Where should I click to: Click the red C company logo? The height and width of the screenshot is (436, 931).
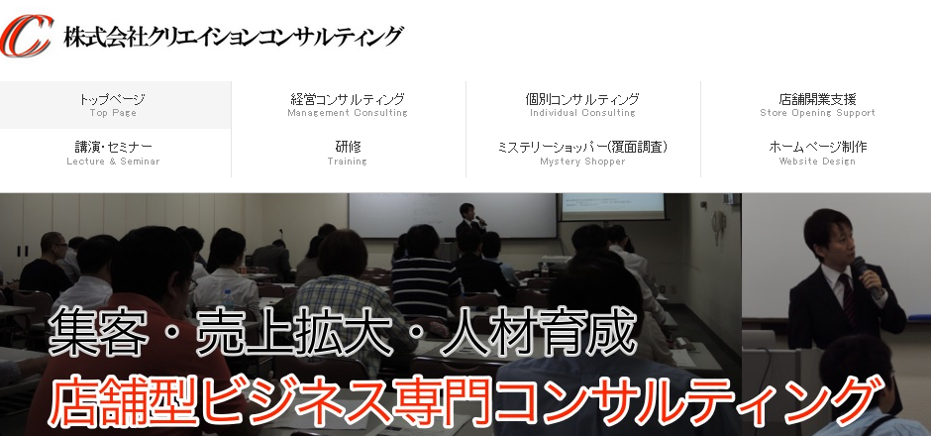pyautogui.click(x=26, y=36)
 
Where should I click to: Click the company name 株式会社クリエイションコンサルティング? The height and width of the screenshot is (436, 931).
pyautogui.click(x=234, y=37)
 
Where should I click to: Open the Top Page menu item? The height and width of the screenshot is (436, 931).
pyautogui.click(x=113, y=105)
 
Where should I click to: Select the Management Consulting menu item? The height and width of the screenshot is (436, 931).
pyautogui.click(x=348, y=105)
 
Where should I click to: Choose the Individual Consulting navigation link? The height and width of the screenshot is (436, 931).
pyautogui.click(x=582, y=105)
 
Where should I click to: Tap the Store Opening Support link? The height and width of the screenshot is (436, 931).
pyautogui.click(x=817, y=105)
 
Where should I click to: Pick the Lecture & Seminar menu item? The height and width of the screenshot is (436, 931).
pyautogui.click(x=113, y=153)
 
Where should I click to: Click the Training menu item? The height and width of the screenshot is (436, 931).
pyautogui.click(x=348, y=153)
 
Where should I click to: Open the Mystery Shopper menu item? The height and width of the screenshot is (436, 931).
pyautogui.click(x=582, y=153)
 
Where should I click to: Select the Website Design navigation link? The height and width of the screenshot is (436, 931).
pyautogui.click(x=817, y=153)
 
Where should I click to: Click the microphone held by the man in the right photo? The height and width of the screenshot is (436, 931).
pyautogui.click(x=868, y=276)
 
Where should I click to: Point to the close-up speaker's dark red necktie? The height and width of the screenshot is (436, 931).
pyautogui.click(x=849, y=300)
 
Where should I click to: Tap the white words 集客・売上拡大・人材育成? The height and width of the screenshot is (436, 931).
pyautogui.click(x=343, y=333)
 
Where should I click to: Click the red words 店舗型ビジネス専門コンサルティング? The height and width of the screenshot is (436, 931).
pyautogui.click(x=464, y=401)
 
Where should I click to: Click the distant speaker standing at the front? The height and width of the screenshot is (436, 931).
pyautogui.click(x=470, y=228)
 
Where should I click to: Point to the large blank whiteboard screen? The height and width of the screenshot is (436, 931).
pyautogui.click(x=453, y=215)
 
